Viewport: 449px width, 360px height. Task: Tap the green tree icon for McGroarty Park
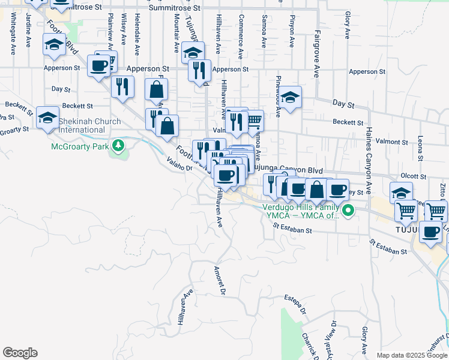tap(119, 145)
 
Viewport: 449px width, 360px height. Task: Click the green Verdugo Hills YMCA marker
tap(348, 209)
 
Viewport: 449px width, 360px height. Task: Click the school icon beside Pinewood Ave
tap(290, 98)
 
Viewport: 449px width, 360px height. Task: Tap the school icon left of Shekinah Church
tap(47, 118)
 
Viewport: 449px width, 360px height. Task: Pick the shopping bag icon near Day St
tap(156, 91)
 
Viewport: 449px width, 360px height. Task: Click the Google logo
tap(20, 353)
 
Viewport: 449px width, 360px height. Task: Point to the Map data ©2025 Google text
tap(411, 355)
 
